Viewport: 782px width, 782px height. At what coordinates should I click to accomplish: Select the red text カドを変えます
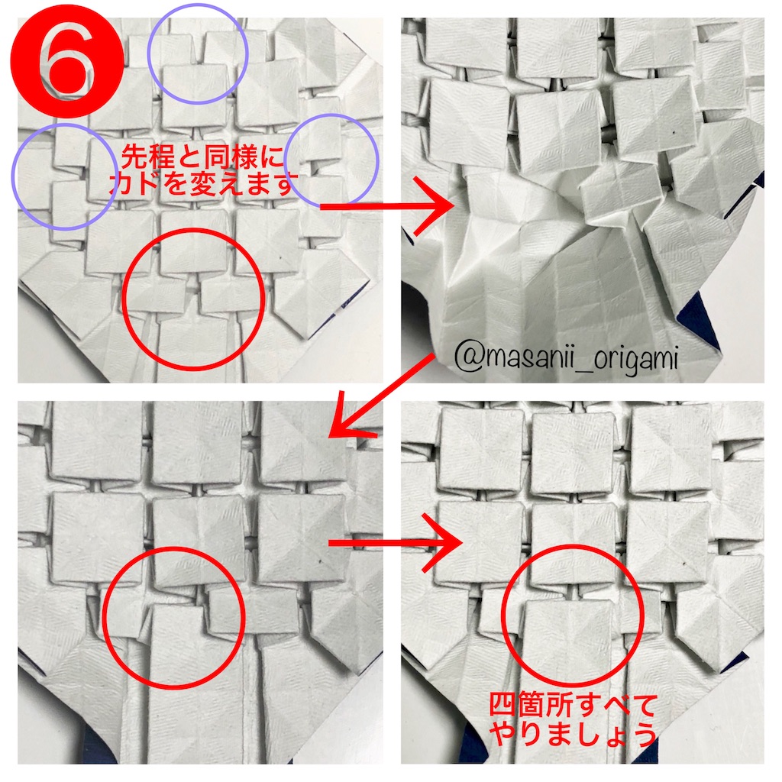(200, 186)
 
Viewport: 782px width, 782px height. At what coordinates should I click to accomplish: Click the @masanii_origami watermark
(566, 357)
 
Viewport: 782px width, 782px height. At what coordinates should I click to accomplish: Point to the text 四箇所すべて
(573, 705)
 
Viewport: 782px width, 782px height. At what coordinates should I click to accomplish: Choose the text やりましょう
(573, 735)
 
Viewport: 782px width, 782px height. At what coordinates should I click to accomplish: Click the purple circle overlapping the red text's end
(331, 161)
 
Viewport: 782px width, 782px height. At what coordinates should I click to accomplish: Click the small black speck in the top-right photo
(674, 132)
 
